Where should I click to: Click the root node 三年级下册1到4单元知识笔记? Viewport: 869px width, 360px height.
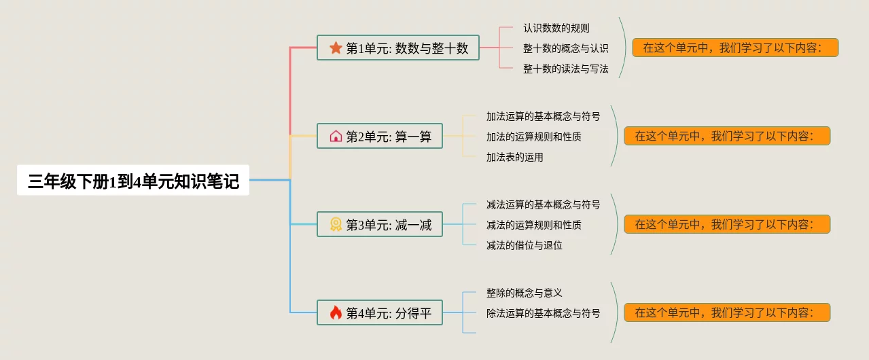pyautogui.click(x=133, y=181)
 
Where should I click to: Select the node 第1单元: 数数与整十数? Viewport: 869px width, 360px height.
pyautogui.click(x=398, y=48)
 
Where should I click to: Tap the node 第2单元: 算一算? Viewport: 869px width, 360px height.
pyautogui.click(x=379, y=137)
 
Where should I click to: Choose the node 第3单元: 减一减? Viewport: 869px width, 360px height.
pyautogui.click(x=379, y=225)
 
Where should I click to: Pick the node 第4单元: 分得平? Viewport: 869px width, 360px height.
pyautogui.click(x=379, y=313)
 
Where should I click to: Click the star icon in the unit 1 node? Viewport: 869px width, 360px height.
pyautogui.click(x=336, y=48)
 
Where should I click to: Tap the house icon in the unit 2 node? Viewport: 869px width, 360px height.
pyautogui.click(x=336, y=137)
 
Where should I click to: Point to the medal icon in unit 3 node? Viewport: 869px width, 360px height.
pyautogui.click(x=336, y=225)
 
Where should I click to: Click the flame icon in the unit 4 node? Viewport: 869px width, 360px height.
pyautogui.click(x=336, y=313)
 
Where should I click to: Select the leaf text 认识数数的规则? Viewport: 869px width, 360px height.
pyautogui.click(x=556, y=28)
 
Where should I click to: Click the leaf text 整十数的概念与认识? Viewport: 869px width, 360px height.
pyautogui.click(x=565, y=48)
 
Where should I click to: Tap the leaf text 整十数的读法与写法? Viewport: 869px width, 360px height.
pyautogui.click(x=565, y=69)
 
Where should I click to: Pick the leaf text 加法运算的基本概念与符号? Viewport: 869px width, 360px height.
pyautogui.click(x=543, y=116)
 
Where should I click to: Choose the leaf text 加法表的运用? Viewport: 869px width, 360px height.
pyautogui.click(x=514, y=157)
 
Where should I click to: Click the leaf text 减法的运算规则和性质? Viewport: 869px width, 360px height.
pyautogui.click(x=533, y=225)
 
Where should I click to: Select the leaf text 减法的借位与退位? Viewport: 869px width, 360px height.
pyautogui.click(x=524, y=245)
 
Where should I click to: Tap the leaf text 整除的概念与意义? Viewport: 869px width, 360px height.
pyautogui.click(x=524, y=293)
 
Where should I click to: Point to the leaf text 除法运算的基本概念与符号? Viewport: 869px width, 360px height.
pyautogui.click(x=543, y=313)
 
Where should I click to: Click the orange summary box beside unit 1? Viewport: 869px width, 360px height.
pyautogui.click(x=734, y=48)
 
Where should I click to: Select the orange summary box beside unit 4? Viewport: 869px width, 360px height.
pyautogui.click(x=726, y=312)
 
